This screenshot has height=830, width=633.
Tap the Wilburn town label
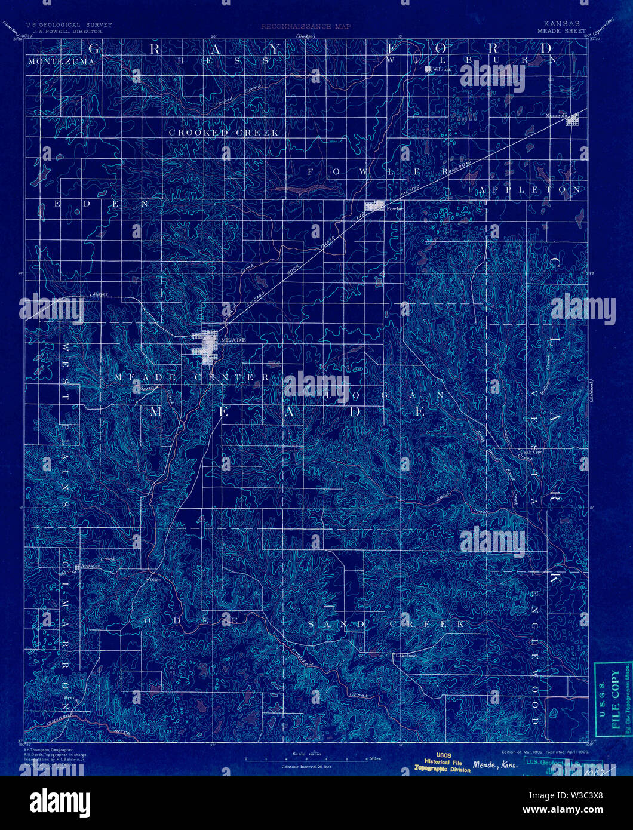click(443, 70)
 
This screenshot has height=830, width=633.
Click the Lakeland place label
click(405, 656)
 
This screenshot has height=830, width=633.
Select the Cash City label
click(530, 452)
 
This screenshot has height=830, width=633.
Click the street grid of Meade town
click(204, 346)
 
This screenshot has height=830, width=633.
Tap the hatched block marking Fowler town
click(375, 206)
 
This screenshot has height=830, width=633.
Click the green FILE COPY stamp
click(614, 699)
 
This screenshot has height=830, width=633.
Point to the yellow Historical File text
click(443, 761)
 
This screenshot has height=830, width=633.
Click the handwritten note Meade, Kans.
click(494, 766)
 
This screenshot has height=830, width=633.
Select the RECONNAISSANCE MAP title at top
click(305, 27)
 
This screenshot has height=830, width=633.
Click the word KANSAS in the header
click(557, 24)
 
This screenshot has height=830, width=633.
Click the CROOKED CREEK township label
click(223, 133)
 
